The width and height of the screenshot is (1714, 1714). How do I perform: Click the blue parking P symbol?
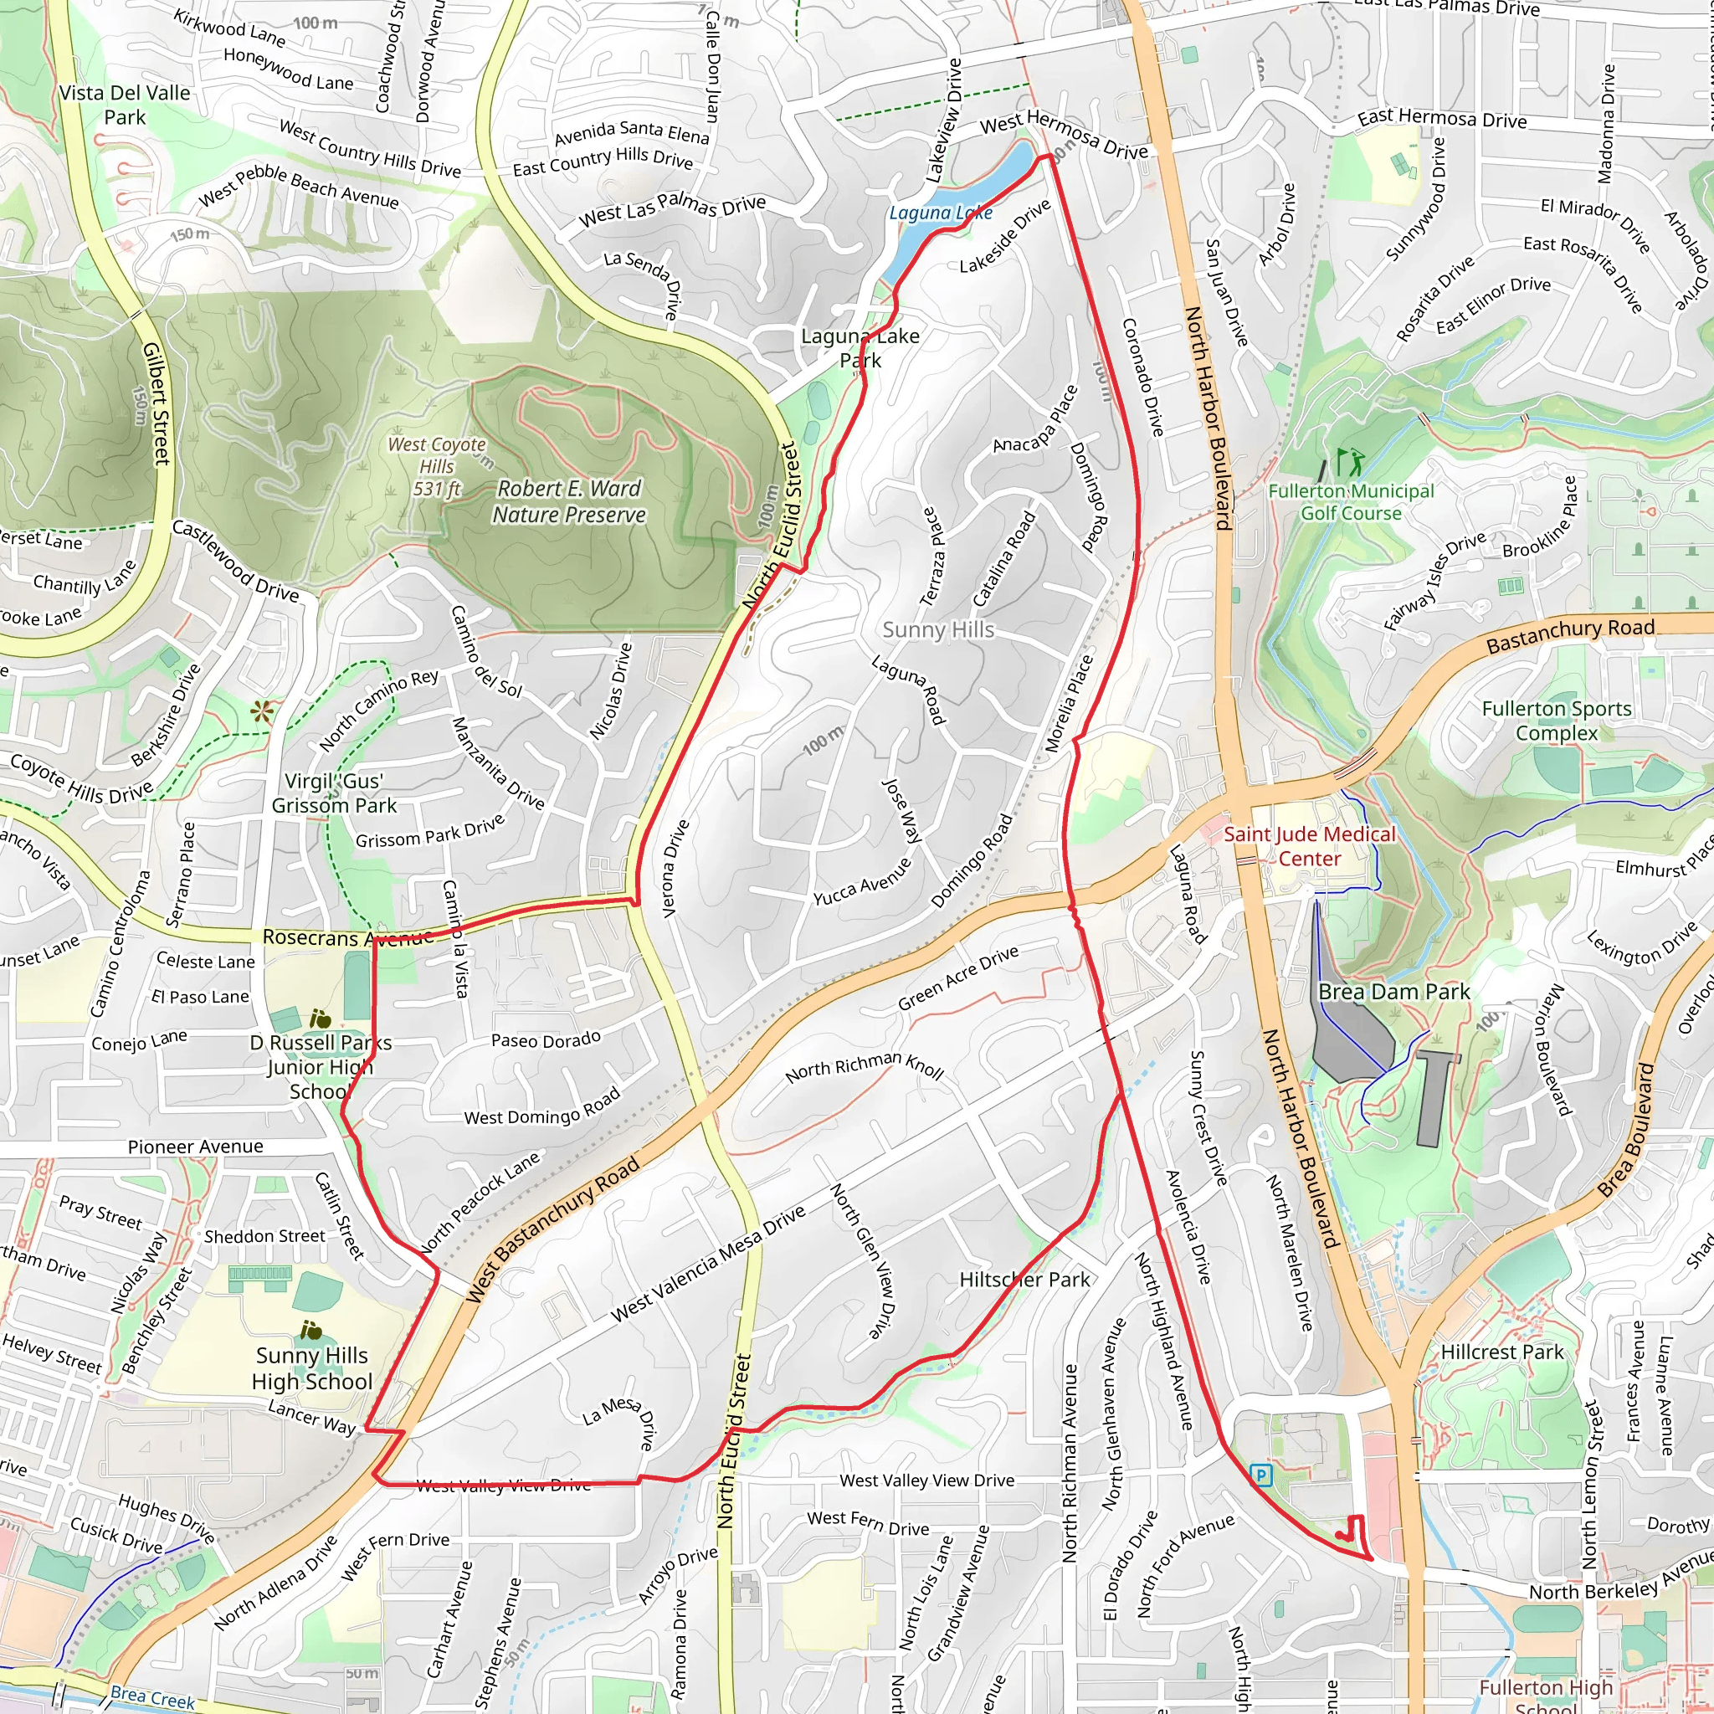point(1260,1475)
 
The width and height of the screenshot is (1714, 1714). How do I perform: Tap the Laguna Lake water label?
point(941,213)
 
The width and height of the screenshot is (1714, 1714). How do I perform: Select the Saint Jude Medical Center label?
point(1309,846)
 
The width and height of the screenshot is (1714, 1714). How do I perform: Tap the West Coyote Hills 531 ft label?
point(438,467)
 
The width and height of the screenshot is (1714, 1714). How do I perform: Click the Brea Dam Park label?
point(1393,992)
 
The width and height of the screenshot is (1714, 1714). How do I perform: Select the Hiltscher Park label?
point(1024,1280)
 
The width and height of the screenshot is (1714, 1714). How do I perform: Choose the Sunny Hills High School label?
point(311,1369)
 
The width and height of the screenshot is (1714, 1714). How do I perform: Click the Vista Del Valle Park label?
point(124,105)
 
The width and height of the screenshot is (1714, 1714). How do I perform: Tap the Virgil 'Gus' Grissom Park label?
point(334,793)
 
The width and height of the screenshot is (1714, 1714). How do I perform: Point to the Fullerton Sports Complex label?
point(1556,721)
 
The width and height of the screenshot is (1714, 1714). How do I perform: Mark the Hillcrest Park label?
point(1501,1352)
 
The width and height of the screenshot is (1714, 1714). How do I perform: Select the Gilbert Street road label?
point(157,403)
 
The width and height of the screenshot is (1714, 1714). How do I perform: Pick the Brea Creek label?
point(151,1697)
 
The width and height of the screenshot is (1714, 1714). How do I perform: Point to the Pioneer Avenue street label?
point(195,1147)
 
